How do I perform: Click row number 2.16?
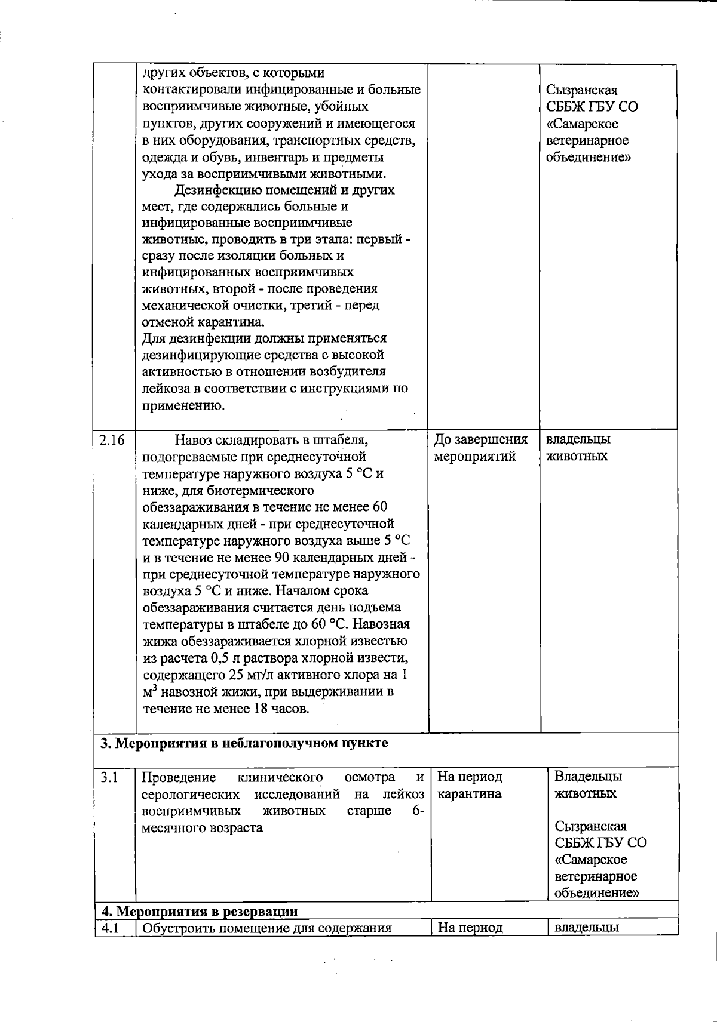[112, 440]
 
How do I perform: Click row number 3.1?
[109, 777]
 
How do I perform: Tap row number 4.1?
[109, 928]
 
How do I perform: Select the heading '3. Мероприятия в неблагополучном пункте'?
[244, 743]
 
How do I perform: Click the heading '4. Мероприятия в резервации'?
[198, 912]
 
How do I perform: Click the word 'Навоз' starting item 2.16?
[193, 441]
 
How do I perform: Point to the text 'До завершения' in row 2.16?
[480, 440]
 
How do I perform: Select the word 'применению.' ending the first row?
[175, 406]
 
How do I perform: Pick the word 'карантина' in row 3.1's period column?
[469, 794]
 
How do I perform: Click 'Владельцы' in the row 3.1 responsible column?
[588, 777]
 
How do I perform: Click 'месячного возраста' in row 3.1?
[202, 828]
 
